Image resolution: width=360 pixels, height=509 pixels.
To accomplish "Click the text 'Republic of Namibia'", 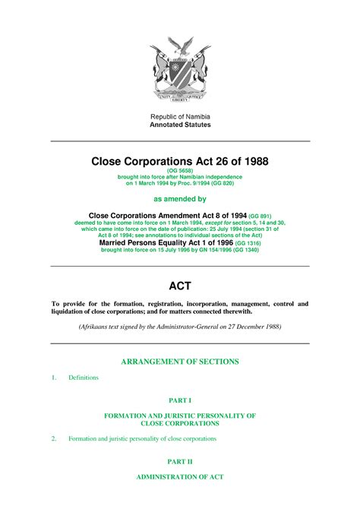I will point(180,115).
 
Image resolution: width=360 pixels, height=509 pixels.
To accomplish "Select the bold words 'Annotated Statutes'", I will point(180,124).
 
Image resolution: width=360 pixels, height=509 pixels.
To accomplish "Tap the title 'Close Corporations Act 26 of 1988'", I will point(180,161).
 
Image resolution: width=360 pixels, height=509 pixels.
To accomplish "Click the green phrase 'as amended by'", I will point(180,198).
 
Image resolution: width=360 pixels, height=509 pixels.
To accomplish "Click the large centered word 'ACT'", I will point(180,286).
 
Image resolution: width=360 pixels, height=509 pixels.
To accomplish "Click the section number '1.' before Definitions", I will point(53,378).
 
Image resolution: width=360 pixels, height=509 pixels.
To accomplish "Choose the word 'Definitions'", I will point(83,378).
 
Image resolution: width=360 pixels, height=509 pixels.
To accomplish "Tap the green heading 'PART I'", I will point(180,400).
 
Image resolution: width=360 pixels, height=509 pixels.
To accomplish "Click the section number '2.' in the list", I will point(53,438).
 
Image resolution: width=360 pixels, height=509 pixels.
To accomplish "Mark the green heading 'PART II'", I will point(180,460).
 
